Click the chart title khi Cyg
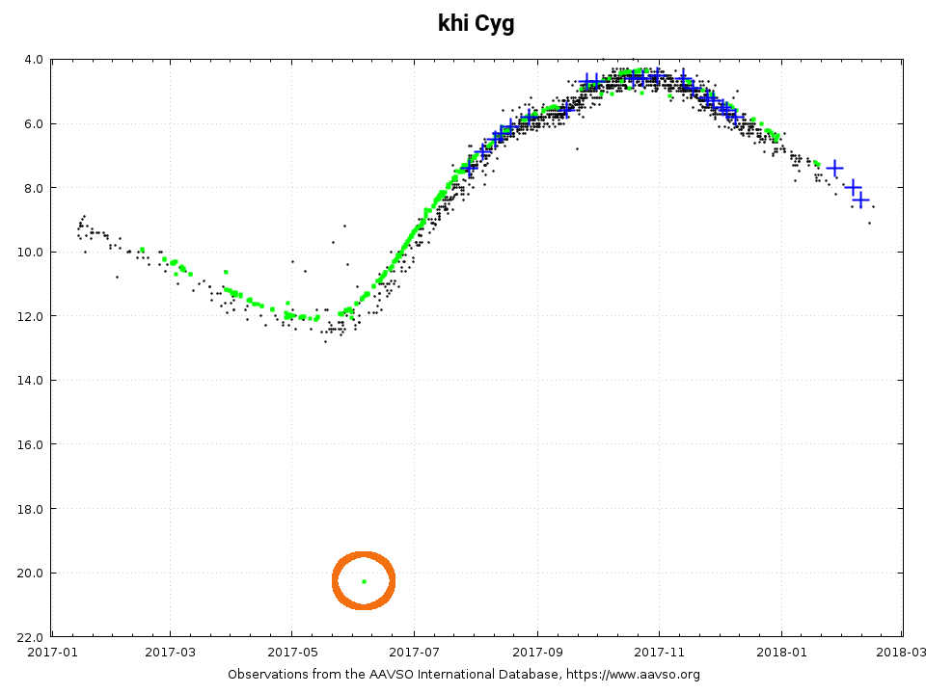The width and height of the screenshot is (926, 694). pyautogui.click(x=476, y=23)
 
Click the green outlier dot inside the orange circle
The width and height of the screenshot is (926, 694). pyautogui.click(x=364, y=581)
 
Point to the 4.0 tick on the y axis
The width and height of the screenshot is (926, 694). pyautogui.click(x=33, y=59)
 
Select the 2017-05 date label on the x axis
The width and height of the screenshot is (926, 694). pyautogui.click(x=292, y=653)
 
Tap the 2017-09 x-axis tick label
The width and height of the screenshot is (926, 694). pyautogui.click(x=536, y=653)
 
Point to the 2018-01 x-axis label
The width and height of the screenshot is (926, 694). pyautogui.click(x=780, y=653)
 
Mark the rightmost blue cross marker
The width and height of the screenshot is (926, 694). pyautogui.click(x=861, y=200)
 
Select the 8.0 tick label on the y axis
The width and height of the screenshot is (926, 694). pyautogui.click(x=33, y=187)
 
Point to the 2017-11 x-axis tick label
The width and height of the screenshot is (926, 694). pyautogui.click(x=659, y=653)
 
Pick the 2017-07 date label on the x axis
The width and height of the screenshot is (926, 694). pyautogui.click(x=414, y=653)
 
